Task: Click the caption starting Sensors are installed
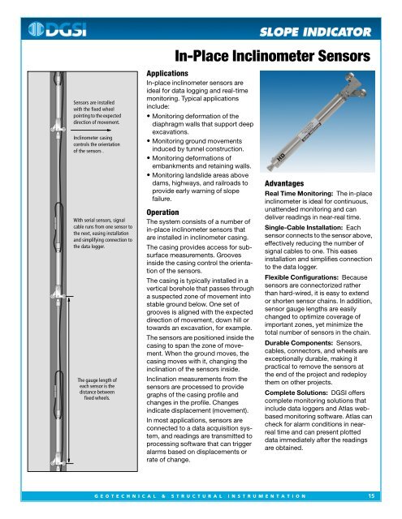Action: click(x=95, y=114)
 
